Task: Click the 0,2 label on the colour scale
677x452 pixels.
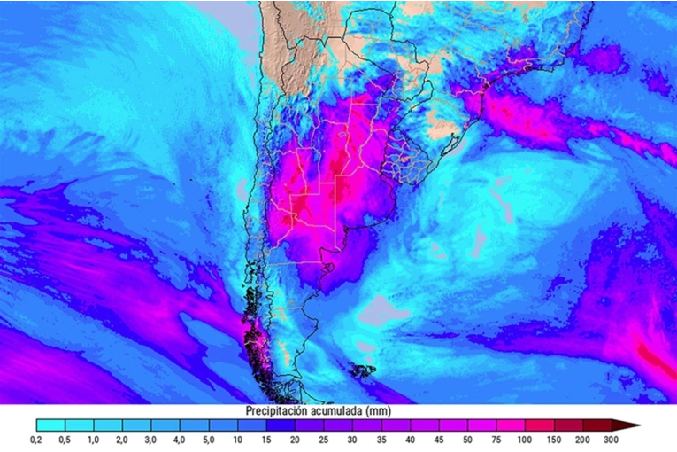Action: click(x=35, y=440)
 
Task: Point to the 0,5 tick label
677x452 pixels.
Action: click(x=65, y=440)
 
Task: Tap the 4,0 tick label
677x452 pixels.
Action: click(x=180, y=440)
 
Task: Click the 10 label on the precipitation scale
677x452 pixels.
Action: click(x=237, y=440)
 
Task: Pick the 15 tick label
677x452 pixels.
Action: click(x=266, y=440)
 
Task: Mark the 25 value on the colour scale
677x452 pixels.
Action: click(x=324, y=440)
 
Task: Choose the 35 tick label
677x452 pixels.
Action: click(x=381, y=440)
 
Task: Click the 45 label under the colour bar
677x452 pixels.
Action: click(x=439, y=440)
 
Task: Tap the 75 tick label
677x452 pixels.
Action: click(x=496, y=440)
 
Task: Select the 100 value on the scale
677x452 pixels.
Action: click(x=526, y=440)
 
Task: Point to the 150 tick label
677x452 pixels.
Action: click(x=554, y=440)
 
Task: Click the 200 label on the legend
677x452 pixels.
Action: click(x=582, y=440)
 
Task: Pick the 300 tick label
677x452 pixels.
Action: click(x=611, y=440)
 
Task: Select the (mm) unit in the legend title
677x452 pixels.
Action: click(x=379, y=412)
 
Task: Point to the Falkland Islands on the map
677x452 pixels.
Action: click(x=362, y=370)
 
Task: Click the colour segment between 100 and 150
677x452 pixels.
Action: click(x=540, y=425)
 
